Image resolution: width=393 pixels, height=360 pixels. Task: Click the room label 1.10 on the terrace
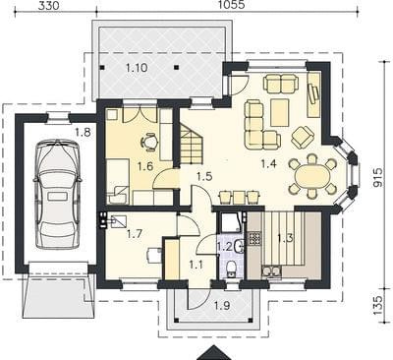pyautogui.click(x=137, y=68)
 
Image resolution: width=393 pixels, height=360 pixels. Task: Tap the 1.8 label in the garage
pyautogui.click(x=83, y=133)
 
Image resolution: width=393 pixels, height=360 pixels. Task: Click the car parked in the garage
pyautogui.click(x=58, y=194)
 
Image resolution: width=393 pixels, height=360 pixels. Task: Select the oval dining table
pyautogui.click(x=312, y=177)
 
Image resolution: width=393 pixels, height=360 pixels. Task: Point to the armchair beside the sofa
pyautogui.click(x=303, y=137)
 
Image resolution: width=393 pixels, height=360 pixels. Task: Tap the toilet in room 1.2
pyautogui.click(x=232, y=267)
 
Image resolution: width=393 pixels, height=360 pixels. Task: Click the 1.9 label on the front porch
pyautogui.click(x=222, y=306)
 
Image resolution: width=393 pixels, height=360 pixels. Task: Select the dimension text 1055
pyautogui.click(x=232, y=5)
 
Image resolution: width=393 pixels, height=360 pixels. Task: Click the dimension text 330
pyautogui.click(x=48, y=5)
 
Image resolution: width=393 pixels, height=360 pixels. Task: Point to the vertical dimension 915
pyautogui.click(x=378, y=177)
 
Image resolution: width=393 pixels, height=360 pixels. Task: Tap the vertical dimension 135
pyautogui.click(x=378, y=305)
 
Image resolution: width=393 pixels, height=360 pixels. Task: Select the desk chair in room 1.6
pyautogui.click(x=148, y=143)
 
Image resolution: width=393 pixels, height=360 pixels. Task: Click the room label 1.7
pyautogui.click(x=135, y=234)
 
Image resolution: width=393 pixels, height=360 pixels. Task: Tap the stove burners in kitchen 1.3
pyautogui.click(x=255, y=239)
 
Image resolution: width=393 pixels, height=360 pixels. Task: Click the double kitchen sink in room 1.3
pyautogui.click(x=271, y=271)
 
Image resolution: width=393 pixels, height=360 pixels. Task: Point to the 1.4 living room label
pyautogui.click(x=269, y=163)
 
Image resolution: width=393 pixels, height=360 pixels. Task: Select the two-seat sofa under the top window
pyautogui.click(x=282, y=84)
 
